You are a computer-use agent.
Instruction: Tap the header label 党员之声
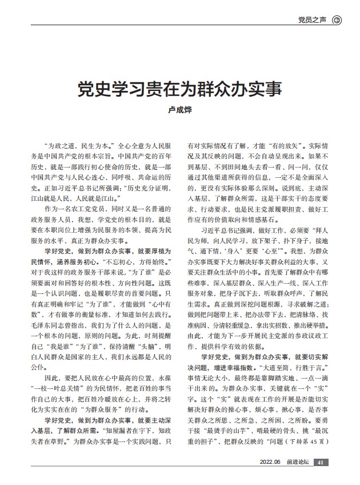[x=313, y=20]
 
